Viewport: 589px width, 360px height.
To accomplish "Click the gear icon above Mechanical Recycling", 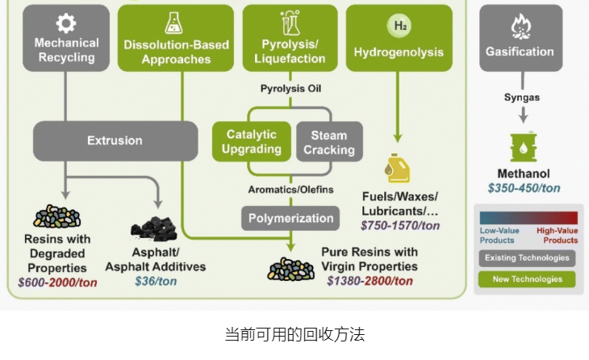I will point(66,23).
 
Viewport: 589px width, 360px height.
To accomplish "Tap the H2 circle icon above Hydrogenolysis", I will point(399,26).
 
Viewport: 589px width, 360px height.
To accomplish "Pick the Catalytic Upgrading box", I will point(251,141).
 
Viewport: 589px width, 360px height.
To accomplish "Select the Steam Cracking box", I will point(328,142).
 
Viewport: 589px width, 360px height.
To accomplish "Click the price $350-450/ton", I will point(524,188).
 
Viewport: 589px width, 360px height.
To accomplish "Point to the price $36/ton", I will point(155,283).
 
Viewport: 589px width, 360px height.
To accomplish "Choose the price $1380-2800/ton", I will point(370,282).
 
